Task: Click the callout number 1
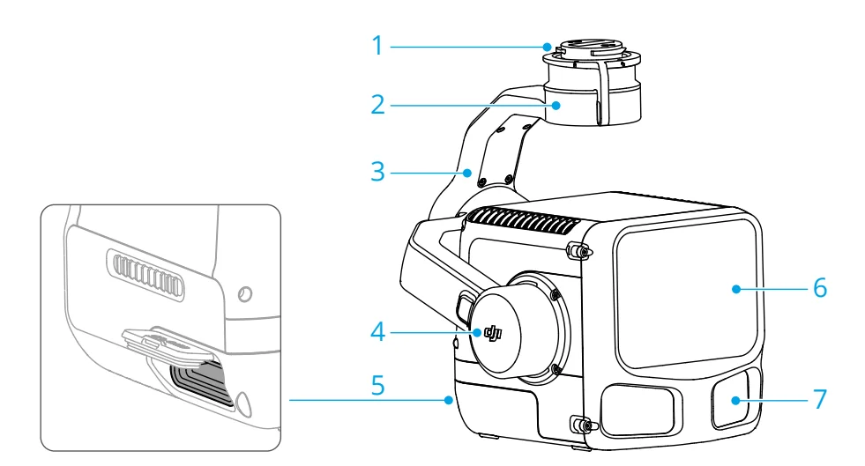(378, 45)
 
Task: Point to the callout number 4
(378, 333)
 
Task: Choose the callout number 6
(820, 287)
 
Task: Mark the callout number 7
(820, 398)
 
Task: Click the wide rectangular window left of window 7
(638, 407)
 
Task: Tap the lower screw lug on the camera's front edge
(581, 424)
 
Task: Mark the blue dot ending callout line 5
(451, 401)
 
